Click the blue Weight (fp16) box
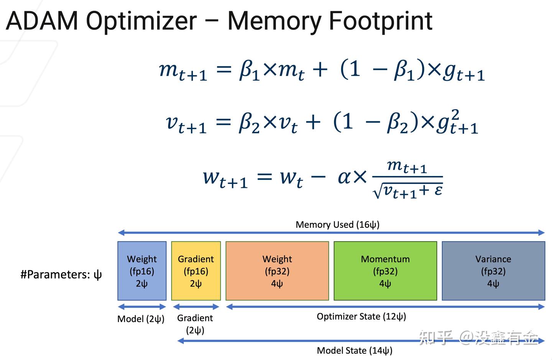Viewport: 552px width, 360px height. click(x=142, y=271)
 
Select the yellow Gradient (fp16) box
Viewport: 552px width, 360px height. click(x=196, y=271)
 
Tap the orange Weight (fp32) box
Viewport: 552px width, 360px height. click(x=277, y=271)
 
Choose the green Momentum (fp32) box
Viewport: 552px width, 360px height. click(x=385, y=271)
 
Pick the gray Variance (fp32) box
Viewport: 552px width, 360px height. click(x=493, y=271)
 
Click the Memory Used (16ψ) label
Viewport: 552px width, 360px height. click(x=337, y=224)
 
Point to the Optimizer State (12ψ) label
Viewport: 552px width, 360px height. click(x=361, y=316)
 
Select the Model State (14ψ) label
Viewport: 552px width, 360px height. click(x=355, y=350)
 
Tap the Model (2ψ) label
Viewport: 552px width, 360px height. click(x=141, y=319)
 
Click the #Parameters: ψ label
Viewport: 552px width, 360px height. click(x=61, y=275)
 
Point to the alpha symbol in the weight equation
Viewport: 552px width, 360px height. click(x=344, y=177)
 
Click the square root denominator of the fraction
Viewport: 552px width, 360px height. click(x=408, y=191)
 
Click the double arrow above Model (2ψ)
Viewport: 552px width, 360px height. click(x=142, y=307)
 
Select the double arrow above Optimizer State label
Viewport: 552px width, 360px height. click(x=385, y=307)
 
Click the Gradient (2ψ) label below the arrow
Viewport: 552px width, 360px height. click(x=195, y=324)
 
